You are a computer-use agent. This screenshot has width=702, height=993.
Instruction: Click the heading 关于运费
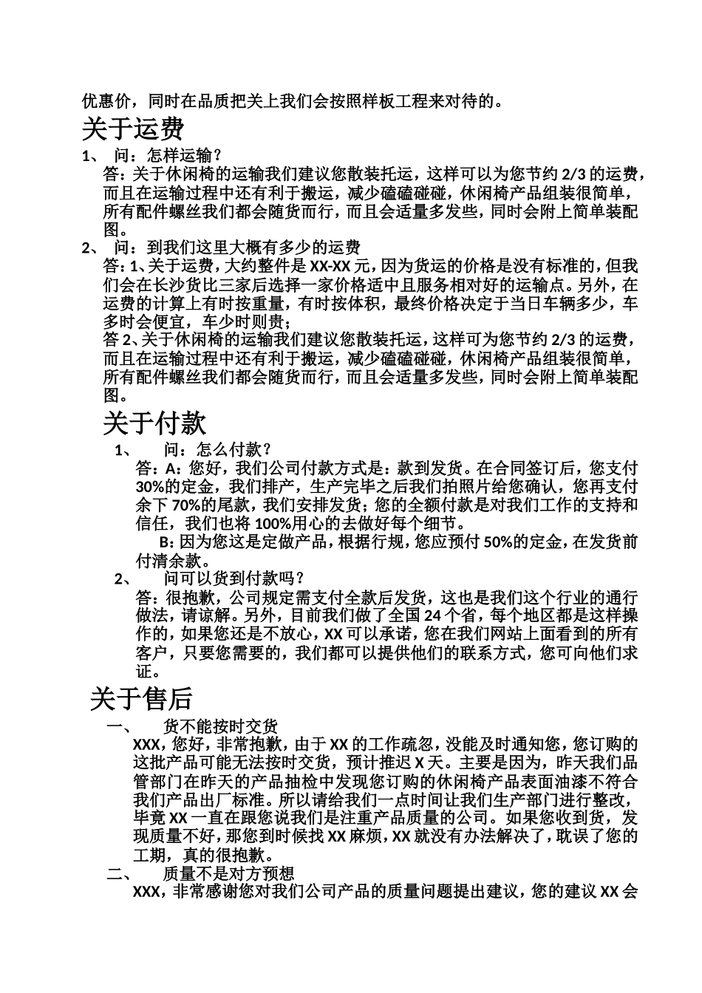click(x=132, y=129)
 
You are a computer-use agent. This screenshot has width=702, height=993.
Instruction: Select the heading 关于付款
click(x=154, y=423)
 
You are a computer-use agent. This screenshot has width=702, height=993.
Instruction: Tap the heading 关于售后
click(x=141, y=698)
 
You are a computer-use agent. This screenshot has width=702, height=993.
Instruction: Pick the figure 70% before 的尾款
click(x=186, y=505)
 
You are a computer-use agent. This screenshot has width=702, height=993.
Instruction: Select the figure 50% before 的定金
click(x=497, y=542)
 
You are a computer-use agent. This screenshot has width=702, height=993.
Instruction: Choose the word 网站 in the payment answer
click(x=488, y=634)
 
